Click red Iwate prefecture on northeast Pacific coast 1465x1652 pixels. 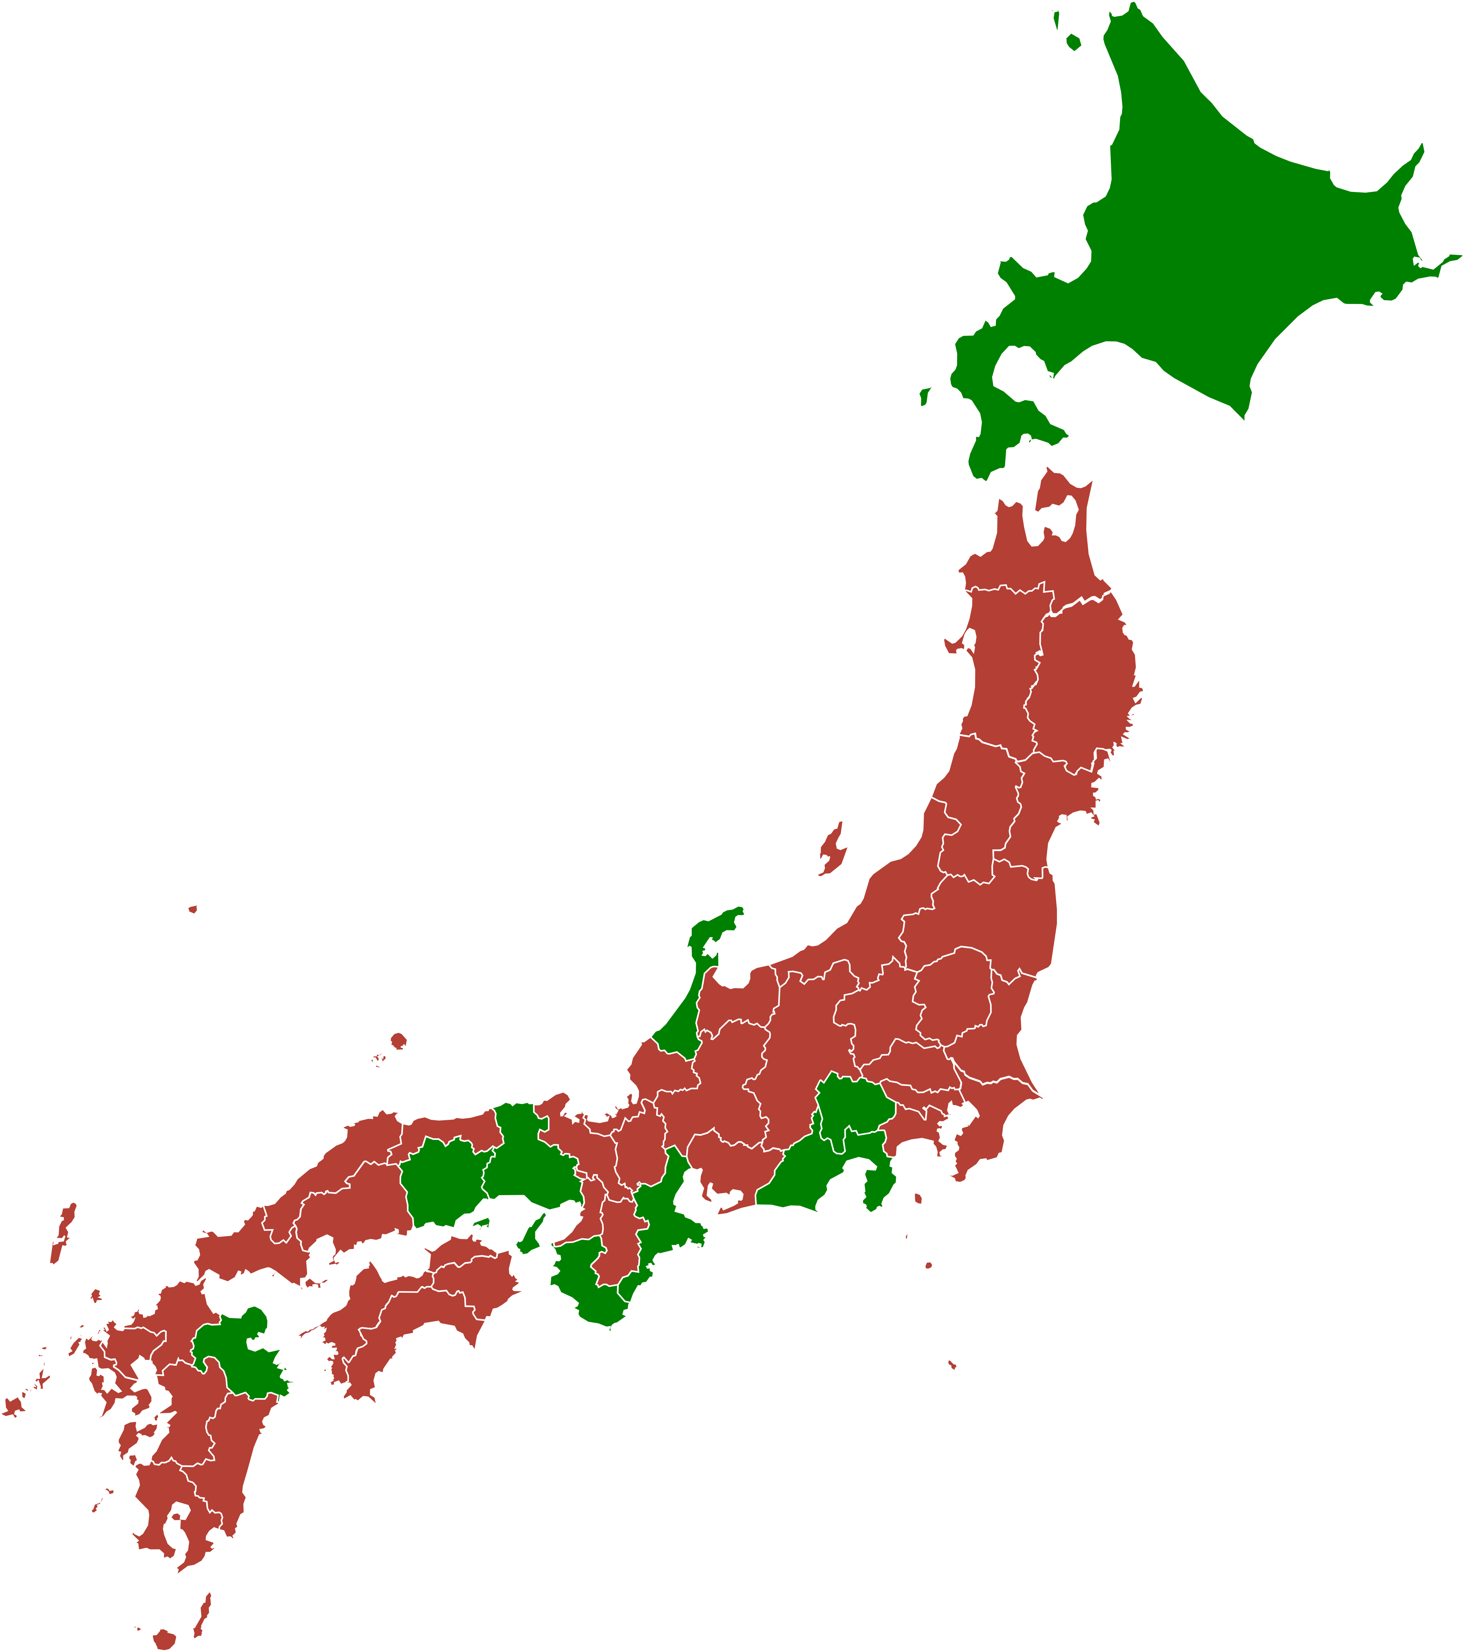1083,687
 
